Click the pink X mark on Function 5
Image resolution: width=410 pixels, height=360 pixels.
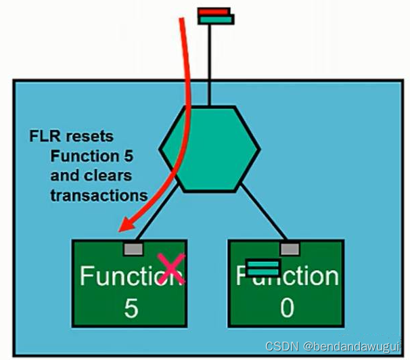[172, 268]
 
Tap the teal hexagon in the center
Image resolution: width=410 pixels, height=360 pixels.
[209, 148]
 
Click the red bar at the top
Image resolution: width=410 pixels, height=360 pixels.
[214, 12]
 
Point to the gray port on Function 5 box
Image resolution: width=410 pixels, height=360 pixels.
[133, 248]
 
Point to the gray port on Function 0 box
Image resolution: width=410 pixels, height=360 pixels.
[290, 248]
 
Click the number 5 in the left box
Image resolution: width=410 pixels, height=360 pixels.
[131, 308]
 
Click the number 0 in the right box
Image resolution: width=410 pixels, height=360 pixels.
[287, 308]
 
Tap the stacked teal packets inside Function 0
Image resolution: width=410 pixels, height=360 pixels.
[262, 268]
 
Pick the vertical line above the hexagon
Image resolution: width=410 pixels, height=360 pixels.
[211, 64]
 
